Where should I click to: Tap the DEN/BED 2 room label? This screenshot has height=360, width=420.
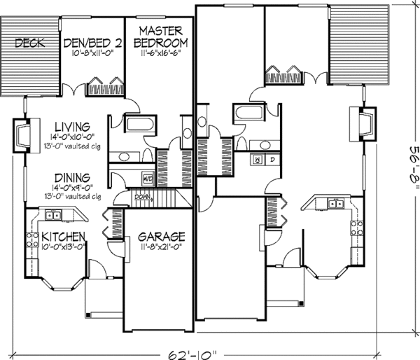point(93,42)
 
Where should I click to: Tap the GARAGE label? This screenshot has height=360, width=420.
point(161,236)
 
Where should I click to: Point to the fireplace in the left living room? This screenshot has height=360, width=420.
point(21,136)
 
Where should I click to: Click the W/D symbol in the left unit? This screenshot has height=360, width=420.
point(147,176)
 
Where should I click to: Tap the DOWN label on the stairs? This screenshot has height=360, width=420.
point(143,197)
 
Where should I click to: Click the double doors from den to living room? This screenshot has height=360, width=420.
point(71,90)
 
